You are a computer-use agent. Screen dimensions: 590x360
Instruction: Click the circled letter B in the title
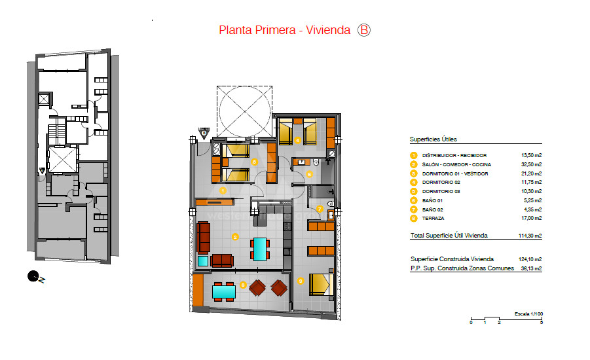coord(364,30)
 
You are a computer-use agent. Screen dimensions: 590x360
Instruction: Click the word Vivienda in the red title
coord(328,30)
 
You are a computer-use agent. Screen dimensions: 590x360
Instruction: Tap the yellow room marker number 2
coord(235,237)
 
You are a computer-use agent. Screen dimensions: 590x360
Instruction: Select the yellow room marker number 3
coord(301,281)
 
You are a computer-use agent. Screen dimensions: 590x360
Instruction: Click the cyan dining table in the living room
coord(260,249)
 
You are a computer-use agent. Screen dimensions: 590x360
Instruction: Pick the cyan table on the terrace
coord(224,292)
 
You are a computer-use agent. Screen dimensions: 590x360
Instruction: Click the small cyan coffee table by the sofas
coord(203,261)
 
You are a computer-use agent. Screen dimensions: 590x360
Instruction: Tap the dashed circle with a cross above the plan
coord(245,111)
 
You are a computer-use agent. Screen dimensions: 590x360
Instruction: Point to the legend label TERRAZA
coord(433,219)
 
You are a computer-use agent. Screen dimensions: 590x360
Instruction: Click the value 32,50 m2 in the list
coord(531,164)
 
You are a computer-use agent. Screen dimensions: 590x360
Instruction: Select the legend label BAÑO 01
coord(432,200)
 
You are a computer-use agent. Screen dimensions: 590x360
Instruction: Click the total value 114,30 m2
coord(530,236)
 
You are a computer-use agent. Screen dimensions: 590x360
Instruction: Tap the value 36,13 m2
coord(531,268)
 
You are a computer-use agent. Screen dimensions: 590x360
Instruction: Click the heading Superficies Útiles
coord(433,139)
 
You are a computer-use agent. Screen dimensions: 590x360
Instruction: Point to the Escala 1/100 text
coord(528,314)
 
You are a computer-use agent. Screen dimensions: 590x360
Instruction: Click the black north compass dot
coord(33,276)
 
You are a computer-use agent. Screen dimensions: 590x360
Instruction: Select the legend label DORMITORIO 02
coord(441,183)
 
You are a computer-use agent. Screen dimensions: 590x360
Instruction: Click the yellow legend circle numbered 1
coord(414,155)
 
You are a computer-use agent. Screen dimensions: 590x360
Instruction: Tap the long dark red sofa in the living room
coord(203,237)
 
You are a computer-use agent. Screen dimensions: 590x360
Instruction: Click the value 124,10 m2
coord(530,259)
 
